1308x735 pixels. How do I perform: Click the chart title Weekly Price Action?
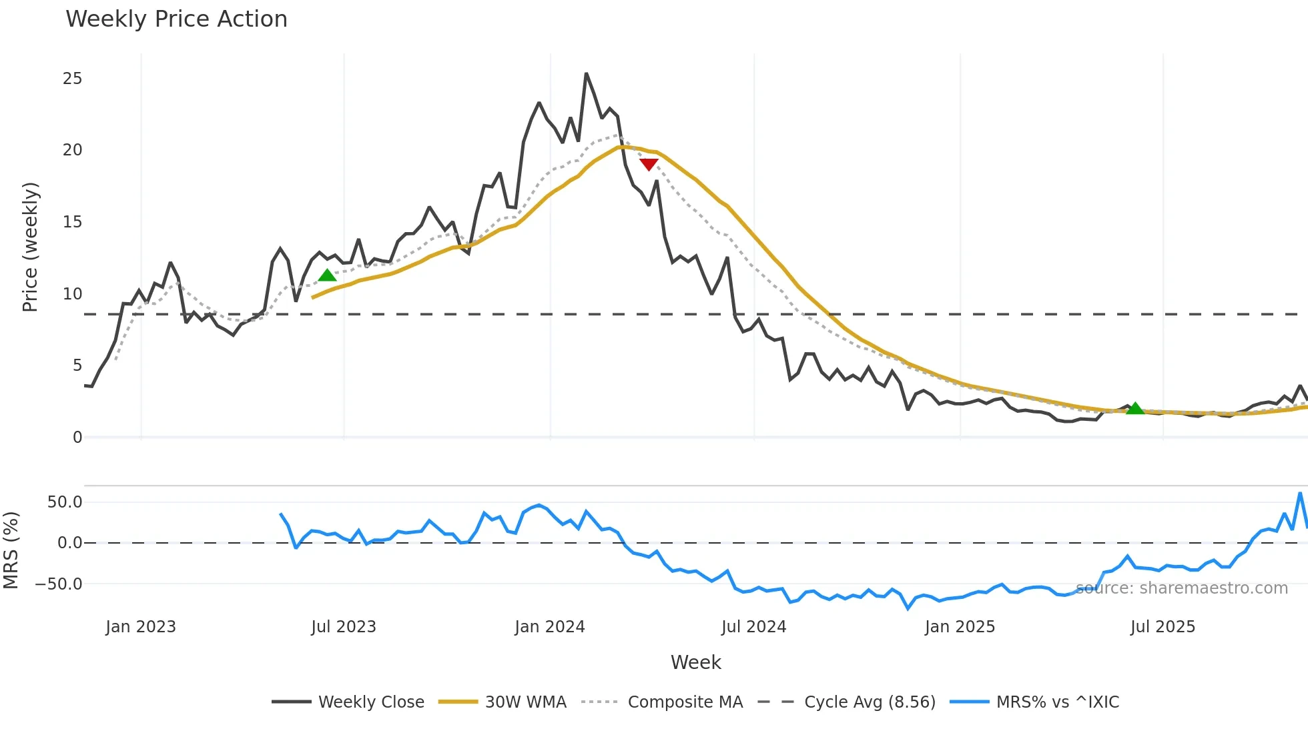(x=176, y=19)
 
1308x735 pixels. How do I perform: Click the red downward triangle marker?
(x=649, y=164)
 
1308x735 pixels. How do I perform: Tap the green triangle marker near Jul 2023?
(x=327, y=275)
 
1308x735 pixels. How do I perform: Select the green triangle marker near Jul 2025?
(x=1134, y=408)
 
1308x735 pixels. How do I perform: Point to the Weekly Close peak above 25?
(x=586, y=74)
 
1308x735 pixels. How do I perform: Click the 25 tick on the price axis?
(x=72, y=79)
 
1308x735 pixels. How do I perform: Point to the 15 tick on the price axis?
(x=72, y=222)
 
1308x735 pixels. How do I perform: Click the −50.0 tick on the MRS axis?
(x=59, y=584)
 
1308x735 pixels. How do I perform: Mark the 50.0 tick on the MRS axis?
(x=64, y=502)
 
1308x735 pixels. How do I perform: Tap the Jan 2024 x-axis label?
(x=550, y=627)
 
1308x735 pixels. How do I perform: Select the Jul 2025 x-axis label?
(x=1163, y=627)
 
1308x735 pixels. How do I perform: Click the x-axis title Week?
(x=695, y=662)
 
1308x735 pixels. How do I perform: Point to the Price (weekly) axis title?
(x=30, y=247)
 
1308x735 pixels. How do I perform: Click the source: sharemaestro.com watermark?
(x=1181, y=588)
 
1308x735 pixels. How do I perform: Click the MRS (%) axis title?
(x=11, y=550)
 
